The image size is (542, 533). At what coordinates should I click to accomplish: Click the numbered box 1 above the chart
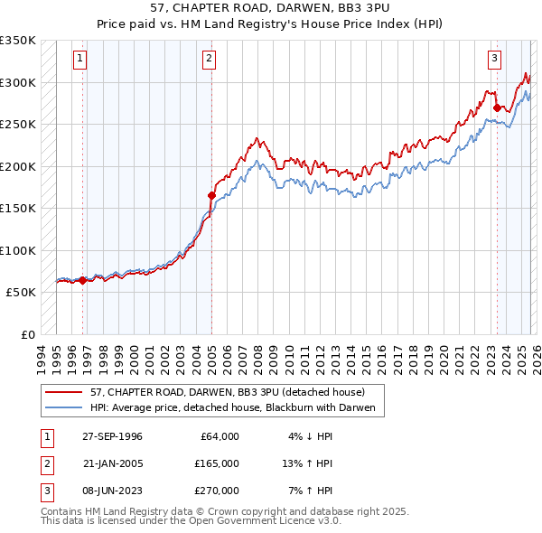click(x=80, y=60)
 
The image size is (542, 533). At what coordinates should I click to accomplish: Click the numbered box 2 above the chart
click(x=209, y=60)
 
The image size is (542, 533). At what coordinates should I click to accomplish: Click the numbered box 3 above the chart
click(x=495, y=60)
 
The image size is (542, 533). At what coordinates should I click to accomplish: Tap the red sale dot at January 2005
click(x=211, y=194)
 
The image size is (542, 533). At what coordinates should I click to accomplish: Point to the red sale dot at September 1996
click(x=83, y=280)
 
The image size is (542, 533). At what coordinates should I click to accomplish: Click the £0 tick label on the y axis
click(x=28, y=335)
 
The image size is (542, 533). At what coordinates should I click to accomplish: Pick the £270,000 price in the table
click(x=219, y=491)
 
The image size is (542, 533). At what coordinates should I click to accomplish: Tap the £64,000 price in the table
click(x=220, y=436)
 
